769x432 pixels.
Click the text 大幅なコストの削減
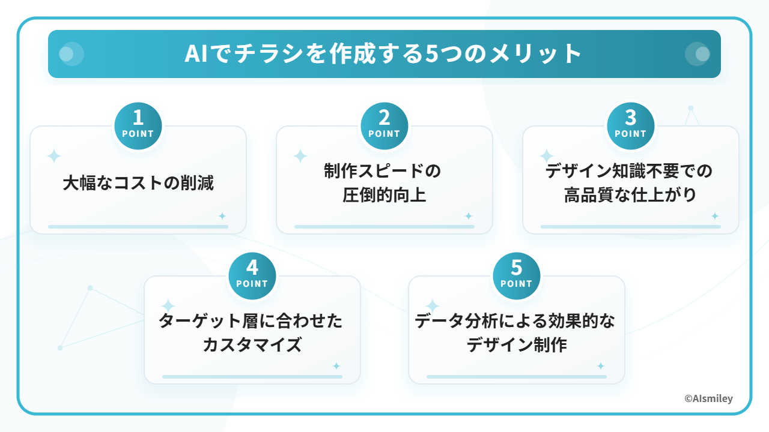[x=138, y=183]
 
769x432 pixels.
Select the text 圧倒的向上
[x=384, y=195]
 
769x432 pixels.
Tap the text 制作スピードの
[x=383, y=172]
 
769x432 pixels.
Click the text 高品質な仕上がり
[x=630, y=195]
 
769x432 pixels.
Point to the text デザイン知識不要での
[x=629, y=172]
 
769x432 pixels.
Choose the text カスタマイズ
[x=252, y=345]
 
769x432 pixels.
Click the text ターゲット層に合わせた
[x=251, y=322]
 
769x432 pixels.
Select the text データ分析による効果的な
[x=515, y=322]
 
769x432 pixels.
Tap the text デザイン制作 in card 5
[x=517, y=345]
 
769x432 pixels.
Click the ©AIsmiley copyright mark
[x=708, y=398]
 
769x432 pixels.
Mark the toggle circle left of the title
[x=71, y=54]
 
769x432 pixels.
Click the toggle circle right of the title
[x=698, y=54]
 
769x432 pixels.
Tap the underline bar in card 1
[x=138, y=227]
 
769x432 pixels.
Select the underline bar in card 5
[x=517, y=377]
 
